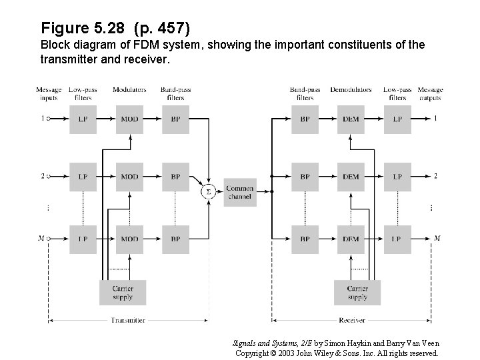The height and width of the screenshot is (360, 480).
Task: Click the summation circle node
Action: tap(208, 191)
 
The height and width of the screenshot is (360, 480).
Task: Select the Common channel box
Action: tap(240, 191)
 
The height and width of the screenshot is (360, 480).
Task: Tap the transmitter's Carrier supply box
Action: tap(123, 293)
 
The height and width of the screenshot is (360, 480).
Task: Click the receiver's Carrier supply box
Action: tap(357, 293)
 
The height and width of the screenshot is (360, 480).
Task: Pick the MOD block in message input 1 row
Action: tap(130, 119)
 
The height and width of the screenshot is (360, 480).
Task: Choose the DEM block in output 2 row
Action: tap(351, 177)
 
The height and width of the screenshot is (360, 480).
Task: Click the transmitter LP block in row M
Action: tap(83, 238)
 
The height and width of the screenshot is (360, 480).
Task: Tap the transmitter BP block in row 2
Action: tap(175, 177)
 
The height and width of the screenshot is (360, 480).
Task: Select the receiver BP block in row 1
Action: tap(305, 119)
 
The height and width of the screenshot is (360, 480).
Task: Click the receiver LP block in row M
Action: tap(397, 238)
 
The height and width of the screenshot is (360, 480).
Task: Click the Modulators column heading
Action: tap(130, 89)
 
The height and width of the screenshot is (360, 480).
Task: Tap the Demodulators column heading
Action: tap(351, 89)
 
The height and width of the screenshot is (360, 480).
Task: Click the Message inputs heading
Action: tap(49, 93)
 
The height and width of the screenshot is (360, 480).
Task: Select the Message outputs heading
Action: tap(430, 93)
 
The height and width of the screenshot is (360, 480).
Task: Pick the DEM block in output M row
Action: tap(351, 238)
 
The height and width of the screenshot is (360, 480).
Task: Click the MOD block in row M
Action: tap(130, 238)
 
